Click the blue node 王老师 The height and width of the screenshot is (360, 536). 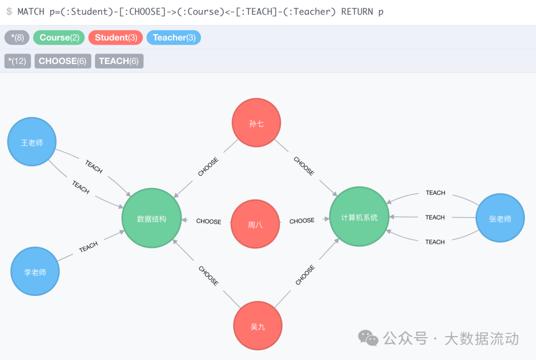click(x=32, y=142)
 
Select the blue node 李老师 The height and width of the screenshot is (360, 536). click(x=35, y=272)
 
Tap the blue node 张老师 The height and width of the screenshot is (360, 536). click(x=500, y=218)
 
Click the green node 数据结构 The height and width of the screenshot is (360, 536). click(x=151, y=218)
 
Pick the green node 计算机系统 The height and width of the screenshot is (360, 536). click(x=359, y=217)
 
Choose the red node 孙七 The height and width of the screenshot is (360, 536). click(x=256, y=123)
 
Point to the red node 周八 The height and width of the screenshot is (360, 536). click(x=255, y=224)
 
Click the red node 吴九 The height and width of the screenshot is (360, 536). click(x=258, y=326)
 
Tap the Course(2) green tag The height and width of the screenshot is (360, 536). click(x=59, y=38)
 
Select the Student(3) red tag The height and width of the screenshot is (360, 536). click(x=115, y=38)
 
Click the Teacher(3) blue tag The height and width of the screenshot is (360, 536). click(x=174, y=38)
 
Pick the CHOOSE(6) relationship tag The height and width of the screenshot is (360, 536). click(x=63, y=61)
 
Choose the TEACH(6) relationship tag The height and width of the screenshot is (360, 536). click(x=119, y=61)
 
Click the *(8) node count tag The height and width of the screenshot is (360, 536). click(x=17, y=38)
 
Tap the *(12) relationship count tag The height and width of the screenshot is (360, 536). click(x=17, y=61)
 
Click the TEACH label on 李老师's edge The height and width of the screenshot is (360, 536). click(x=88, y=247)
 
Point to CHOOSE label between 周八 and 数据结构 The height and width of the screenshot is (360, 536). click(x=208, y=221)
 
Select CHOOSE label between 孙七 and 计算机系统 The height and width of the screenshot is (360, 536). click(x=303, y=166)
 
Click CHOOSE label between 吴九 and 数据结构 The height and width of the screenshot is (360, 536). click(x=208, y=276)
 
